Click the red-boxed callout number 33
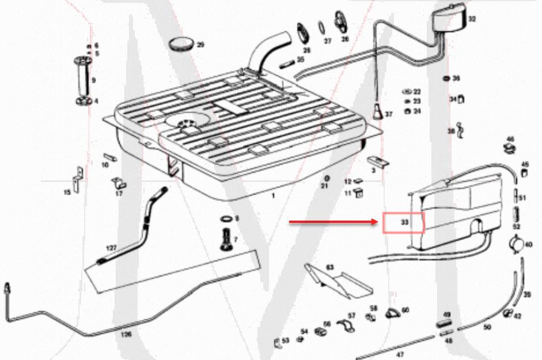(404, 222)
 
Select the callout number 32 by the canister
(472, 18)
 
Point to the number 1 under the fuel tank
(274, 196)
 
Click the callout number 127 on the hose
(111, 247)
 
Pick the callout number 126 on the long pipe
(126, 333)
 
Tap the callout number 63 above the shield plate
(330, 267)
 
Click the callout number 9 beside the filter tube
(93, 80)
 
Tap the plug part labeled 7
(225, 237)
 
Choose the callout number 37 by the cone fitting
(388, 114)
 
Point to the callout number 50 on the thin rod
(487, 327)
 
